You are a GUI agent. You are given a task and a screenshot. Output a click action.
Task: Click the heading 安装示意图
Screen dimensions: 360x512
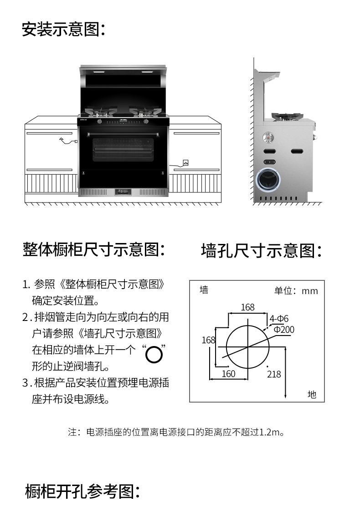64,30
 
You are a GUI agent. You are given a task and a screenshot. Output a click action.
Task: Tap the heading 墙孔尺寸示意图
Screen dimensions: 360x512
262,250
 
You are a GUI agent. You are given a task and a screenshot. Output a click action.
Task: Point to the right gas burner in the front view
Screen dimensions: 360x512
145,111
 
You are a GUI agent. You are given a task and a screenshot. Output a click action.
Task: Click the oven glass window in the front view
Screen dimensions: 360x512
124,149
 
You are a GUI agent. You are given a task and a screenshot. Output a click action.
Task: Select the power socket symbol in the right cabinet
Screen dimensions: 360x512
185,162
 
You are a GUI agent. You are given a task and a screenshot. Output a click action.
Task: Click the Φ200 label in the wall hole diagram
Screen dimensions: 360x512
284,329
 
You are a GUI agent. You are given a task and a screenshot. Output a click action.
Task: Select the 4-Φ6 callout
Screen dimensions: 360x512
279,319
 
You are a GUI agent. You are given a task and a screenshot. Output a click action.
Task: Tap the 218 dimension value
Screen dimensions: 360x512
274,374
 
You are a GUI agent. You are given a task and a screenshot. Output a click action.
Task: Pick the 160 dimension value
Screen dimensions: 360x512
228,374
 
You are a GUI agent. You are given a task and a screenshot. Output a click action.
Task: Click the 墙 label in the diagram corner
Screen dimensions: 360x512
204,290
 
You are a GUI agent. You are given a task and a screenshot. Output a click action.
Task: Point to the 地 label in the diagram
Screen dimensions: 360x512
312,394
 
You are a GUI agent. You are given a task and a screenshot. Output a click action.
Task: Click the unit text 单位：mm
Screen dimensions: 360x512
296,291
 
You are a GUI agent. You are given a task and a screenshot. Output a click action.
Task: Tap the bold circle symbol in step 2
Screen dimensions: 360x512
154,354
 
